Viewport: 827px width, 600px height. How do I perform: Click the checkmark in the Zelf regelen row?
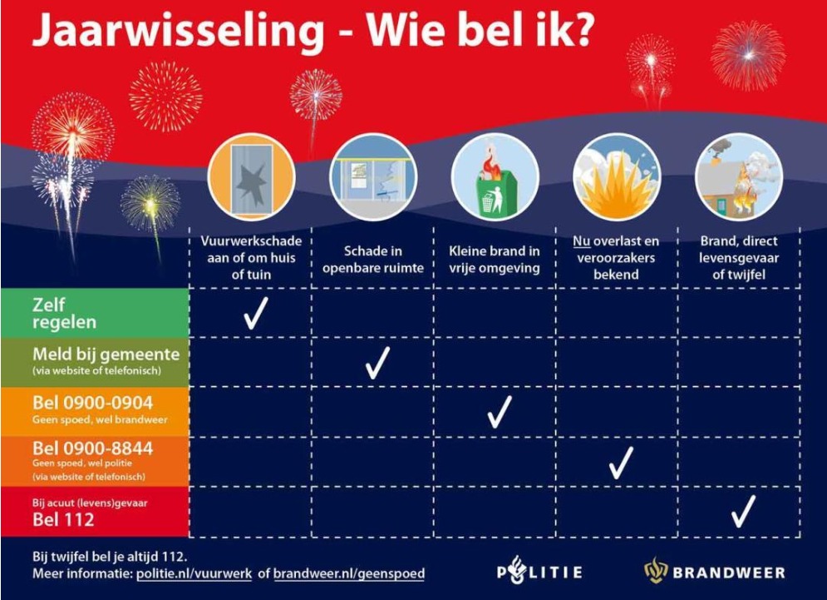tap(255, 313)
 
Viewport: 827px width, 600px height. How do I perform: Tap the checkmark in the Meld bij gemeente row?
tap(377, 362)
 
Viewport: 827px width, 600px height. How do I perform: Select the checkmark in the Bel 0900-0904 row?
tap(499, 412)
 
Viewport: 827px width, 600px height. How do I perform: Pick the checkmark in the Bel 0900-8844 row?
tap(621, 462)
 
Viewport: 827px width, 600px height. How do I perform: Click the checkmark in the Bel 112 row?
tap(743, 511)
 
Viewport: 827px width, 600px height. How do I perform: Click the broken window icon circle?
tap(250, 176)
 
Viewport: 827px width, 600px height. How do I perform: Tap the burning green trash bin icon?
tap(495, 176)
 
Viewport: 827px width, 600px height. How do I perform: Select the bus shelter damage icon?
tap(372, 176)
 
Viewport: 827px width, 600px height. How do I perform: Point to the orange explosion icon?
tap(617, 176)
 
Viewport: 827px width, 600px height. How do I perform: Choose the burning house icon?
tap(738, 176)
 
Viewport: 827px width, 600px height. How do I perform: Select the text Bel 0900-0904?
tap(92, 404)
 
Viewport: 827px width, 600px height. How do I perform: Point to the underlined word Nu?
tap(581, 241)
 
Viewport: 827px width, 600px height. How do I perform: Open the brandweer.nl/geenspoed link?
tap(349, 574)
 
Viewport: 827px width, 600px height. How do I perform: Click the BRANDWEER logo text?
tap(727, 573)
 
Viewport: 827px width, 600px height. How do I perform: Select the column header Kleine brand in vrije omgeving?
tap(495, 259)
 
